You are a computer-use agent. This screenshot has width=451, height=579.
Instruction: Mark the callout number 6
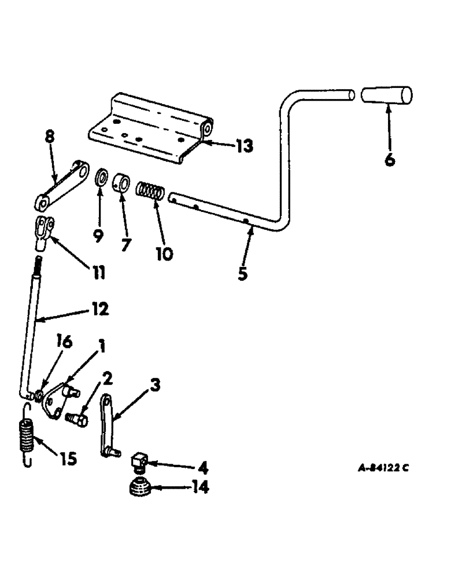pos(390,159)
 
